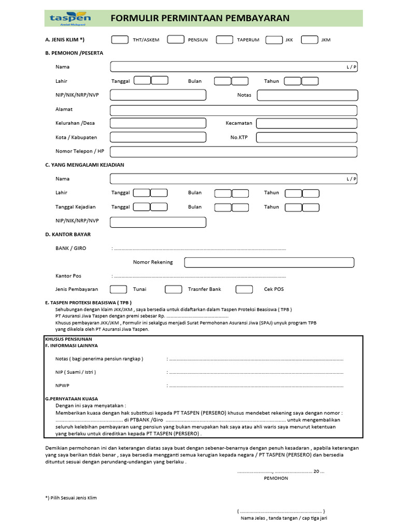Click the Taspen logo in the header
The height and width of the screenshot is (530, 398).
70,19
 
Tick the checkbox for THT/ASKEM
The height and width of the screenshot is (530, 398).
120,39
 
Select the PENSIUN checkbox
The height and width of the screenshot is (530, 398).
176,39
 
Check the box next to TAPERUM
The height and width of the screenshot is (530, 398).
224,39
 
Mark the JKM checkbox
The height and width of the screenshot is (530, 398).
309,39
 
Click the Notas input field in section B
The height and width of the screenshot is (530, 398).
307,95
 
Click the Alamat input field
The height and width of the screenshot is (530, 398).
233,110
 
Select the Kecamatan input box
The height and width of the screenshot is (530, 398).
306,123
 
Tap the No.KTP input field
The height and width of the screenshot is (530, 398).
306,137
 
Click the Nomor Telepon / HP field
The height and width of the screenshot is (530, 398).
233,152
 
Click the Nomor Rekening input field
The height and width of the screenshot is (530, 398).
269,262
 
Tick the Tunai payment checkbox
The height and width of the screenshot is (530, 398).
119,289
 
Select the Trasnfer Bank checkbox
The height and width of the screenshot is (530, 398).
174,289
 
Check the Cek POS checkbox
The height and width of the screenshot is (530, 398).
244,289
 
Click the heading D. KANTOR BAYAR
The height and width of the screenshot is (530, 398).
68,234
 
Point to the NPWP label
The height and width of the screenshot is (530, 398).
62,386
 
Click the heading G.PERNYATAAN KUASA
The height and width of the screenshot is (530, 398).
72,399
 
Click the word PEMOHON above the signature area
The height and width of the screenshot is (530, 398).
276,478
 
